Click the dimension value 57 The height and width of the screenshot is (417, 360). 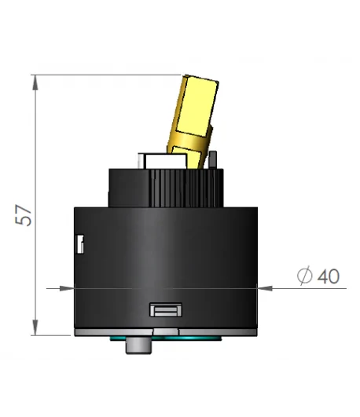point(25,215)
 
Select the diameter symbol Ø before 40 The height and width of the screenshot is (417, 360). point(305,276)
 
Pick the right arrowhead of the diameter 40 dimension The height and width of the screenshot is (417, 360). point(263,288)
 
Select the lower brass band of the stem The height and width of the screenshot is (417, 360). point(187,145)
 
